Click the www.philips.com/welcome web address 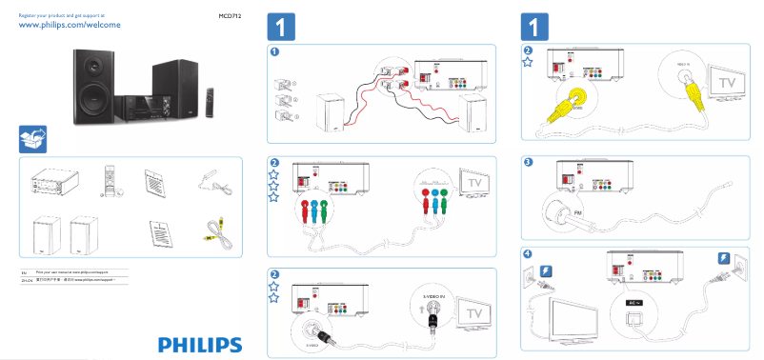pyautogui.click(x=70, y=27)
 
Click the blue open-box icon pyautogui.click(x=31, y=139)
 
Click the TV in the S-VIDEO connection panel pyautogui.click(x=473, y=312)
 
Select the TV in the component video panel pyautogui.click(x=473, y=181)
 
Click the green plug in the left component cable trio pyautogui.click(x=325, y=208)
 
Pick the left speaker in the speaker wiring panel pyautogui.click(x=330, y=112)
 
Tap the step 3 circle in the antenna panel pyautogui.click(x=529, y=162)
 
